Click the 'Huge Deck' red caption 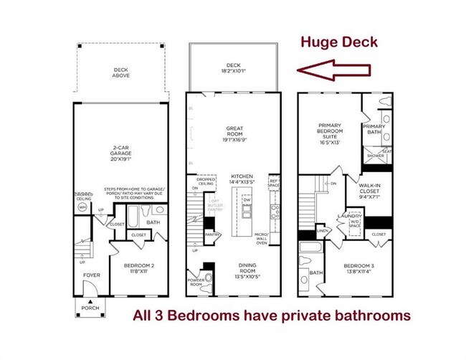click(x=339, y=42)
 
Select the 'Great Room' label click(x=232, y=134)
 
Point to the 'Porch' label click(x=90, y=309)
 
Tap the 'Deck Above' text click(x=120, y=72)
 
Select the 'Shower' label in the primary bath click(x=375, y=155)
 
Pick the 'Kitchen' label click(x=242, y=179)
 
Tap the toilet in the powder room click(x=209, y=277)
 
